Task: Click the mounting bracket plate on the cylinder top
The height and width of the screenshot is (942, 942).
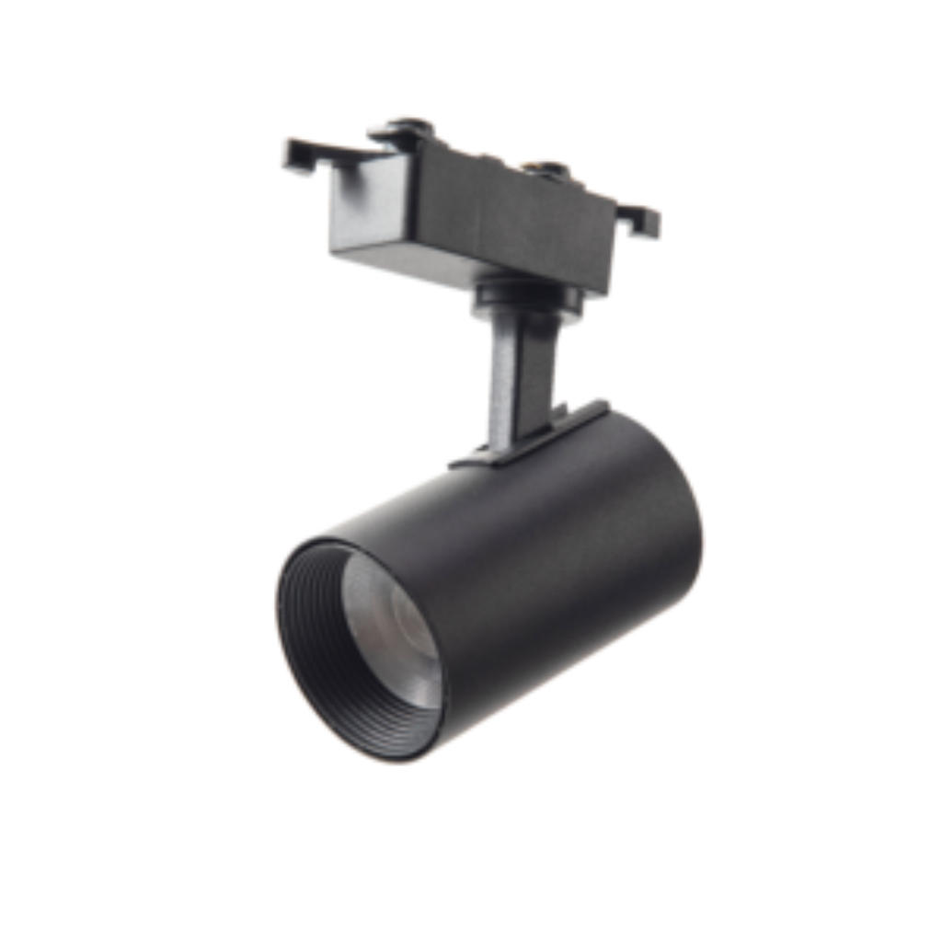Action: tap(515, 451)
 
